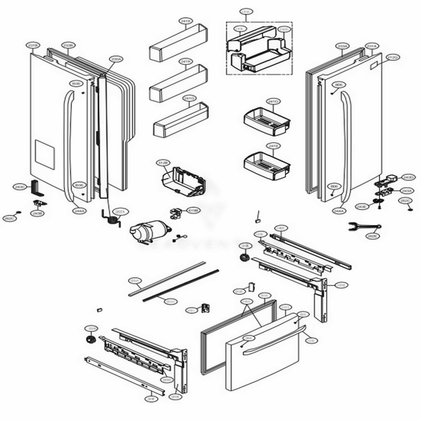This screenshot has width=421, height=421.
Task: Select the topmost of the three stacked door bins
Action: coord(178,40)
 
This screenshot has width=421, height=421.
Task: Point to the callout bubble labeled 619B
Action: coord(192,211)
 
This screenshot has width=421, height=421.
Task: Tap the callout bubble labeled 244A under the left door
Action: coord(79,211)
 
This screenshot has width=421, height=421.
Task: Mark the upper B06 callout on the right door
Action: coord(338,85)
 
